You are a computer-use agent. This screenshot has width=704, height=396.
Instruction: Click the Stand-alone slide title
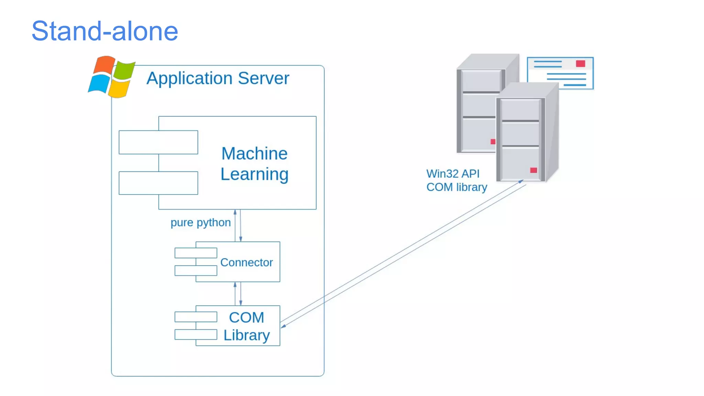105,31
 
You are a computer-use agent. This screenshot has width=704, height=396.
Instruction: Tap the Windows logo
111,77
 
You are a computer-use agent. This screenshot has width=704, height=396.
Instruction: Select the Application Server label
218,78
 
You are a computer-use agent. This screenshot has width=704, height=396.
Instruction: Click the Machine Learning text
254,164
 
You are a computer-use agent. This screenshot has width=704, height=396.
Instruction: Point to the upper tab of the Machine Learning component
158,142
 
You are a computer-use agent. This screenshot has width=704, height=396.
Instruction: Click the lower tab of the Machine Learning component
158,183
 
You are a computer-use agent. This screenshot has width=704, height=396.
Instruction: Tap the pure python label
200,222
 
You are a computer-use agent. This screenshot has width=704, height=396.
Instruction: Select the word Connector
246,262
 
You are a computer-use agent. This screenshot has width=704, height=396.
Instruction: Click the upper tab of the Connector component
196,253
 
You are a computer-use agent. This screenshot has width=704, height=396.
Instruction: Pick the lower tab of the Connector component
196,271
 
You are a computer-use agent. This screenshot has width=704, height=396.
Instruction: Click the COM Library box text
246,326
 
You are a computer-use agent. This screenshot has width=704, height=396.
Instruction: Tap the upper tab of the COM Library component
196,317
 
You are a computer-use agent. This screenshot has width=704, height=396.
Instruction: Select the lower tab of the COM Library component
196,334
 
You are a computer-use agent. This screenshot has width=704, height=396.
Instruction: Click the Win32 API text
453,174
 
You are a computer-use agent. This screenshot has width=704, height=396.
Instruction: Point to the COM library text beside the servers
456,187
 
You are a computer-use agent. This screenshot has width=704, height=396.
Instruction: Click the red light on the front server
533,170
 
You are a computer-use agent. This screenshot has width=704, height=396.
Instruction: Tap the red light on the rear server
493,142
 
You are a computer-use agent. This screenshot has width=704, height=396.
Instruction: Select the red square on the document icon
581,64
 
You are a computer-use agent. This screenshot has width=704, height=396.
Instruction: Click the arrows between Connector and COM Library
238,294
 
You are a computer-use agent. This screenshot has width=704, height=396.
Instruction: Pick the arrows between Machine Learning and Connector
238,225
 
